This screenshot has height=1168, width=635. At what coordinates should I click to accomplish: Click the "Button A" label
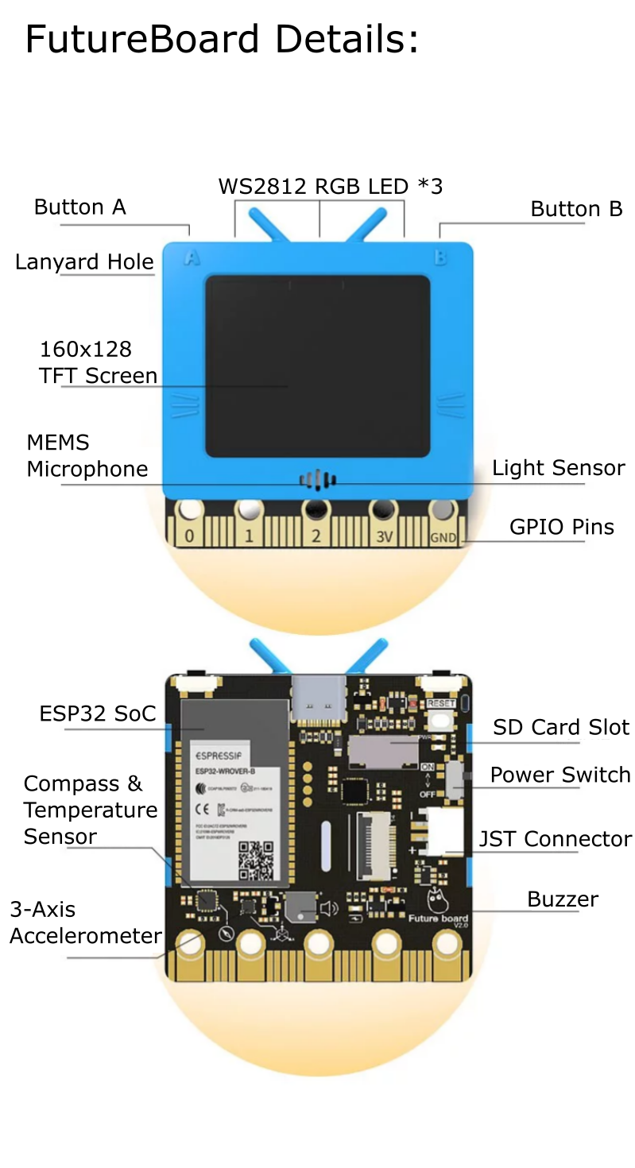(79, 207)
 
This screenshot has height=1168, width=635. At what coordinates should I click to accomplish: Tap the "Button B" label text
(576, 209)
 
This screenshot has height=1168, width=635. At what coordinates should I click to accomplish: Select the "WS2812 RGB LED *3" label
(330, 187)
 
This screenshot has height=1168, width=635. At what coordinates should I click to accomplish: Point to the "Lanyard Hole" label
(84, 262)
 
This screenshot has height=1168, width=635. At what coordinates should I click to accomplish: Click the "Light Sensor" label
(558, 468)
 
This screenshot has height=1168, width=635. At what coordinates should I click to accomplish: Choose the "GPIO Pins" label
(561, 527)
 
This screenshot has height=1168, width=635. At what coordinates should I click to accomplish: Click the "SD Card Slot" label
(560, 727)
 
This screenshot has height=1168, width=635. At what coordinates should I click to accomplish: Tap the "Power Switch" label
(559, 775)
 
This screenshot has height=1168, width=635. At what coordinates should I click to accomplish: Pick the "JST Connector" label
(555, 839)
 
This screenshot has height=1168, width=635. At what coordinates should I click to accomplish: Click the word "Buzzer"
(562, 899)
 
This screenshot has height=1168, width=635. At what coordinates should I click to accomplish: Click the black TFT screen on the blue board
(318, 365)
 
